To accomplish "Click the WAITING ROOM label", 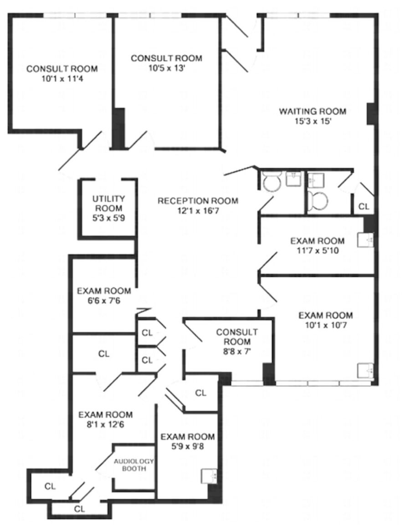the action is tap(312, 111).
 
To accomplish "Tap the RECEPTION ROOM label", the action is tap(198, 201).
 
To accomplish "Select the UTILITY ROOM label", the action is tap(108, 203).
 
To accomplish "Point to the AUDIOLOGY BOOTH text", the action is tap(134, 465).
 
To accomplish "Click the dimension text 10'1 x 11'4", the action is tap(62, 79).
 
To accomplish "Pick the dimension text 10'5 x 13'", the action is tap(166, 68).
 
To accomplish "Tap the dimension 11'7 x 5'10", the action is tap(318, 251).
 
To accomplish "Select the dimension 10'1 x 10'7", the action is tap(325, 325).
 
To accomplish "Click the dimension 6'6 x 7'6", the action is tap(103, 301).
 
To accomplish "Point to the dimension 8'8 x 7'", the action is tap(236, 352).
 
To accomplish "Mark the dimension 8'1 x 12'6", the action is tap(105, 425).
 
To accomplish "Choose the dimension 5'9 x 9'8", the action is tap(187, 446).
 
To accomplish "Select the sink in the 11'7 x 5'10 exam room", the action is tap(365, 240).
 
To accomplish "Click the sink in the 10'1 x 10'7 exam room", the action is tap(365, 370).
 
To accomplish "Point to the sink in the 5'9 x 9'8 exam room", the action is tap(209, 476).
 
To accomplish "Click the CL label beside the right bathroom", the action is tap(364, 206).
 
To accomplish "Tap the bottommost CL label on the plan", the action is tap(79, 509).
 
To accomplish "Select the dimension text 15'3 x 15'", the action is tap(313, 121).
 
